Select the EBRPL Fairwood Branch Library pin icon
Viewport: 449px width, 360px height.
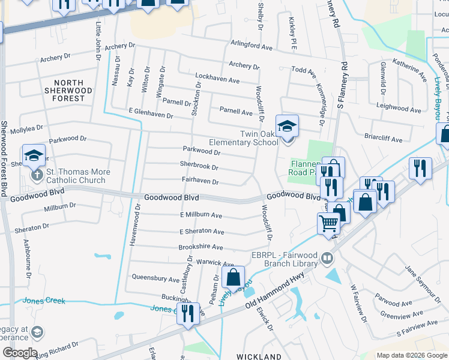point(327,258)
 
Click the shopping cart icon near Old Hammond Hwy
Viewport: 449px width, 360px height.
point(328,224)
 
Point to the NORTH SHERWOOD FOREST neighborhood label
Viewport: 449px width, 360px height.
point(73,91)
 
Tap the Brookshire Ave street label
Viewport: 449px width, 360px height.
point(200,247)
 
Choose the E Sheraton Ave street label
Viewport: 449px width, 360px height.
point(202,232)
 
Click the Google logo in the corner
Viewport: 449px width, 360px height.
point(20,353)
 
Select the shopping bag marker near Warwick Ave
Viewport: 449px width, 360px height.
point(234,277)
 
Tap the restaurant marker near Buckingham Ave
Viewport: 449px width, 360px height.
point(188,314)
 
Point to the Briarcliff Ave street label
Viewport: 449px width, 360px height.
point(383,139)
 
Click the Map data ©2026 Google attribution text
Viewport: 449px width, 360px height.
point(411,355)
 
